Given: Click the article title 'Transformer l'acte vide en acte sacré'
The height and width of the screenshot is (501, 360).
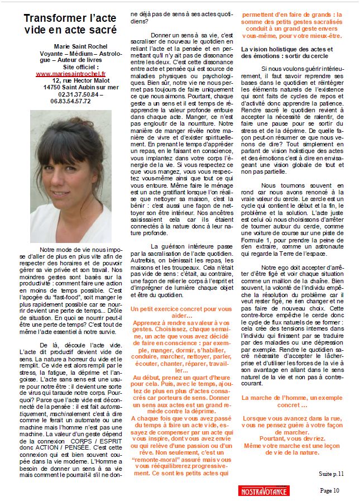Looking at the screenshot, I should [x=70, y=24].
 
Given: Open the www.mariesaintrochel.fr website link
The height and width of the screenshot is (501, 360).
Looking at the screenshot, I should [x=70, y=73].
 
